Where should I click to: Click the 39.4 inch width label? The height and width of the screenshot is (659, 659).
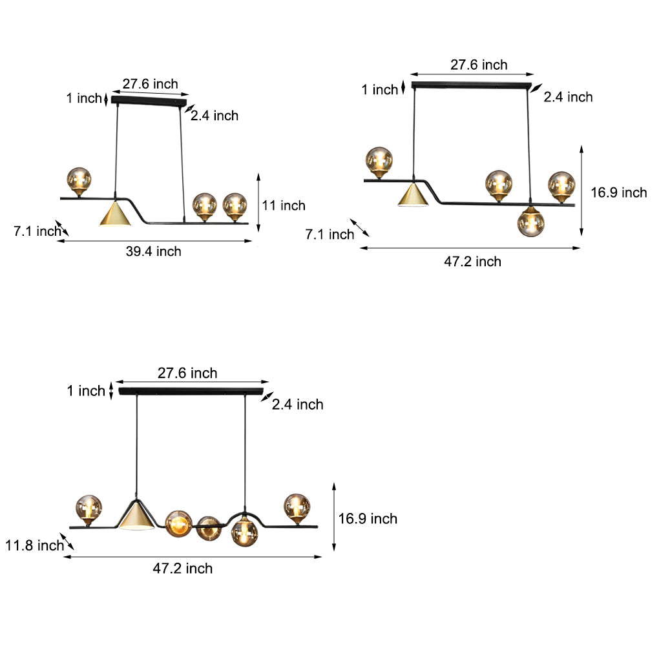click(x=153, y=251)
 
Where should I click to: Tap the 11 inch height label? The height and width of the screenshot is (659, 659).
click(x=284, y=205)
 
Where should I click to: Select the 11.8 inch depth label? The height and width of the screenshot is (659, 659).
click(x=34, y=545)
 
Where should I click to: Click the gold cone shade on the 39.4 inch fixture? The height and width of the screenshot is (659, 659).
click(x=115, y=213)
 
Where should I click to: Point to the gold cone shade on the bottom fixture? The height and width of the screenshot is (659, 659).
click(x=136, y=515)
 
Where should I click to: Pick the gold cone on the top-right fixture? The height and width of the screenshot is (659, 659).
click(x=413, y=194)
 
